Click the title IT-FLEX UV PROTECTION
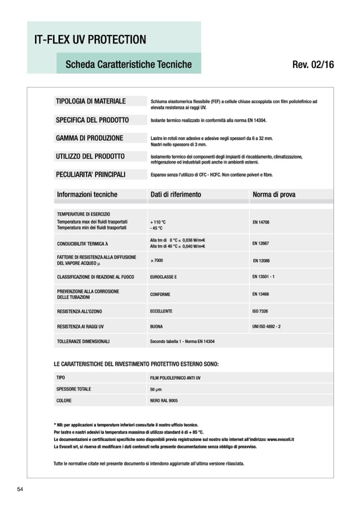point(90,40)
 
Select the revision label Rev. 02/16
point(313,65)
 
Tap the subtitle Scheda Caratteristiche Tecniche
point(128,64)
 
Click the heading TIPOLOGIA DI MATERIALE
point(91,101)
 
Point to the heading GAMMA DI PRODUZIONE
point(89,138)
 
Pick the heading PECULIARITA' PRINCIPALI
point(91,174)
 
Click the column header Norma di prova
point(274,195)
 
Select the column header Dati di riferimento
point(176,195)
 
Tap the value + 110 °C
point(158,221)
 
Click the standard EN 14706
point(261,222)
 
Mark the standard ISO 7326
point(260,311)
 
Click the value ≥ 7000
point(157,261)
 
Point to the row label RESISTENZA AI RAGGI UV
point(80,326)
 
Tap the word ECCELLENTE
point(161,311)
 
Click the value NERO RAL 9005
point(164,401)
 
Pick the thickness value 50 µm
point(156,390)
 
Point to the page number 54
point(20,489)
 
